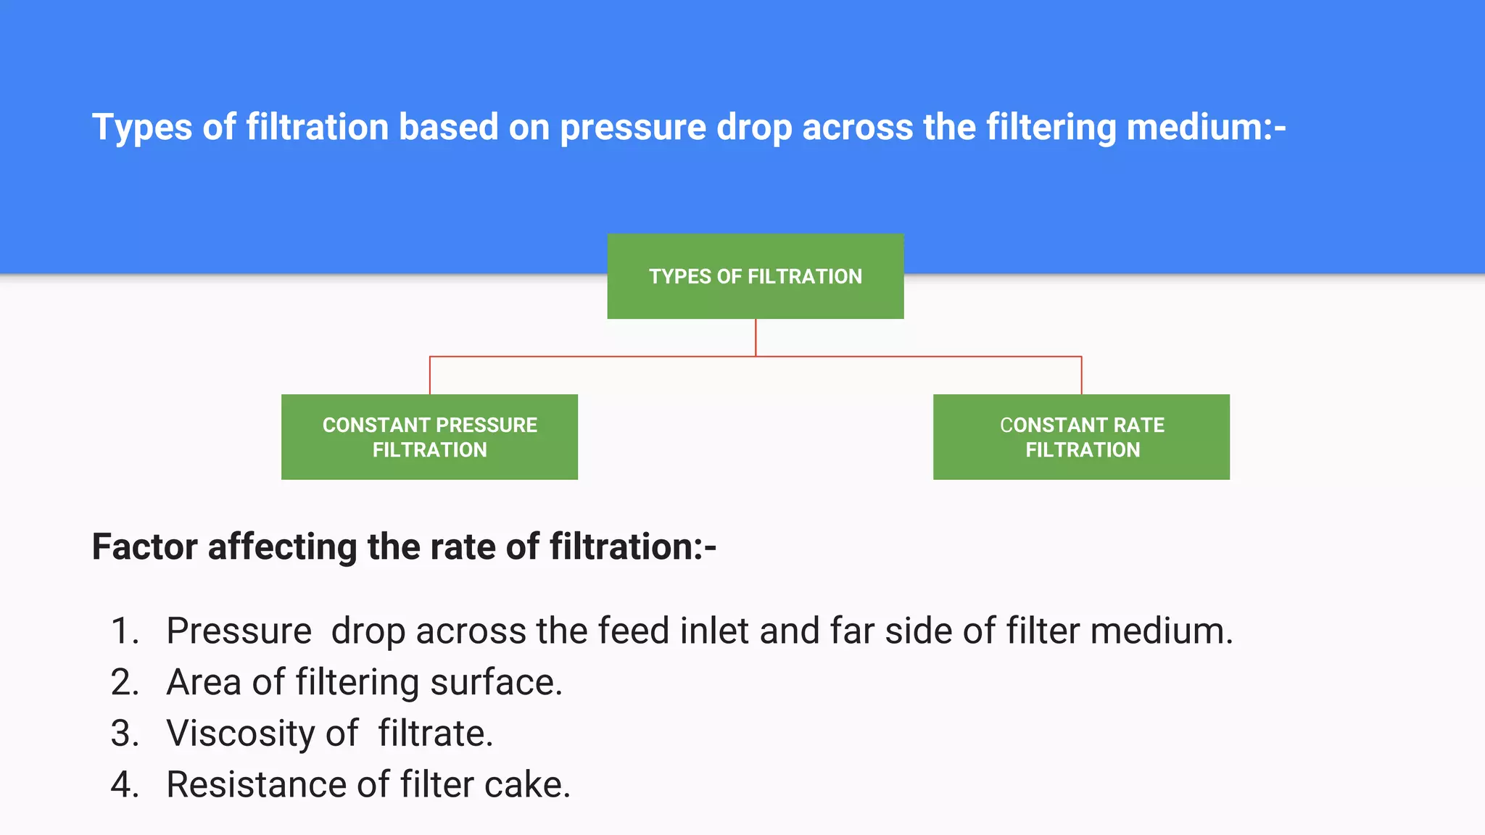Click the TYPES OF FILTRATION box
tap(755, 276)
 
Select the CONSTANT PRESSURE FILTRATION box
tap(429, 437)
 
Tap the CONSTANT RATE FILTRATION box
tap(1081, 437)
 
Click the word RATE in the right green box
tap(1138, 425)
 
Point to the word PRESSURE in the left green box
tap(487, 425)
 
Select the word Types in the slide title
tap(142, 128)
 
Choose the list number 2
tap(124, 682)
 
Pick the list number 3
tap(124, 734)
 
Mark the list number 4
tap(124, 785)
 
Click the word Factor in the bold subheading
tap(144, 547)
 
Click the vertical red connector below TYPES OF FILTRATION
tap(756, 337)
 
